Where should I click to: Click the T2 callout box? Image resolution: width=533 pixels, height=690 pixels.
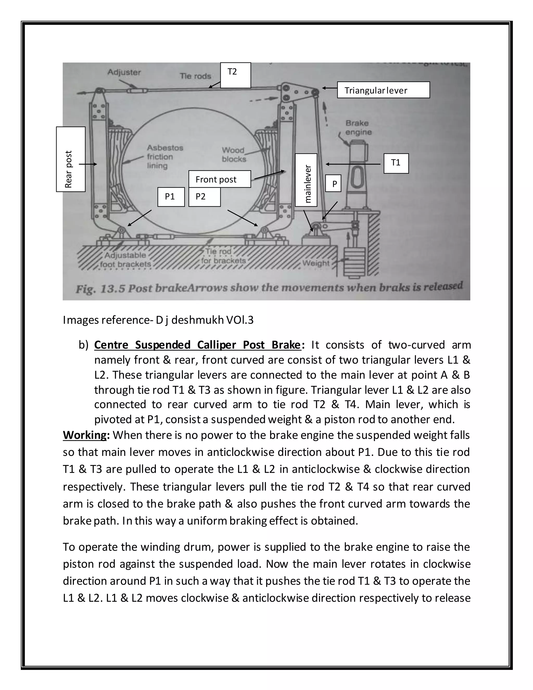[235, 75]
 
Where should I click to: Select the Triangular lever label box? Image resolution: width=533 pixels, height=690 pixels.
[383, 90]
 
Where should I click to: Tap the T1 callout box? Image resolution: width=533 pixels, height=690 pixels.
[396, 163]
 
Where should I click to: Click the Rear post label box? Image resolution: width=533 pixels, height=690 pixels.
[71, 159]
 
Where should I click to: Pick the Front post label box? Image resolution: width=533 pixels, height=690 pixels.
[219, 179]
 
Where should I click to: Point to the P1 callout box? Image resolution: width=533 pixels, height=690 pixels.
[171, 197]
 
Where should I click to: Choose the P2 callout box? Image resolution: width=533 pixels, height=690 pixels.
[204, 197]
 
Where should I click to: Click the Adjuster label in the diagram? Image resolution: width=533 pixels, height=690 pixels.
[124, 72]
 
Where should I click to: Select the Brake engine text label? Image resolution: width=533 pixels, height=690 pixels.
[358, 128]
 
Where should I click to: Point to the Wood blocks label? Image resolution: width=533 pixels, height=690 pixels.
[234, 154]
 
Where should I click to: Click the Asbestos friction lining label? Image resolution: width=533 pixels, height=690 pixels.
[160, 157]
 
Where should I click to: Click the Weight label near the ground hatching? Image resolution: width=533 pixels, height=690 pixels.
[316, 263]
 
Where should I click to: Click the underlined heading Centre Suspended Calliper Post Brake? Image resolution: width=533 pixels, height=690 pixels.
[197, 345]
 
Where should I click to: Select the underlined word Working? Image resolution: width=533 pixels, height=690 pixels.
[85, 435]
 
